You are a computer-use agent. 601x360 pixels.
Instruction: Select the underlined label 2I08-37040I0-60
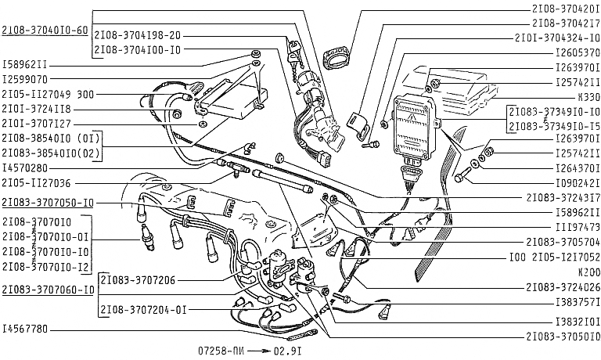tap(45, 31)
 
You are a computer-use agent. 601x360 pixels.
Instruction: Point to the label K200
tap(588, 271)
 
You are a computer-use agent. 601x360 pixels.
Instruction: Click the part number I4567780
tap(27, 329)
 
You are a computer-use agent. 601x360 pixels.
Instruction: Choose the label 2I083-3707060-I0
tap(48, 289)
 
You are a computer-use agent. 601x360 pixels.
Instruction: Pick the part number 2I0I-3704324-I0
tap(557, 38)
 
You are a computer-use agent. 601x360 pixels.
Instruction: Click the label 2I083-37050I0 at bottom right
tap(563, 336)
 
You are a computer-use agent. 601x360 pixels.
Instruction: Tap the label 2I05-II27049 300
tap(49, 94)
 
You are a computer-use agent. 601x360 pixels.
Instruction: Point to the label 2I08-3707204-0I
tap(144, 309)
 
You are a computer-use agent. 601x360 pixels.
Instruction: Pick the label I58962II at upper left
tap(25, 63)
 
